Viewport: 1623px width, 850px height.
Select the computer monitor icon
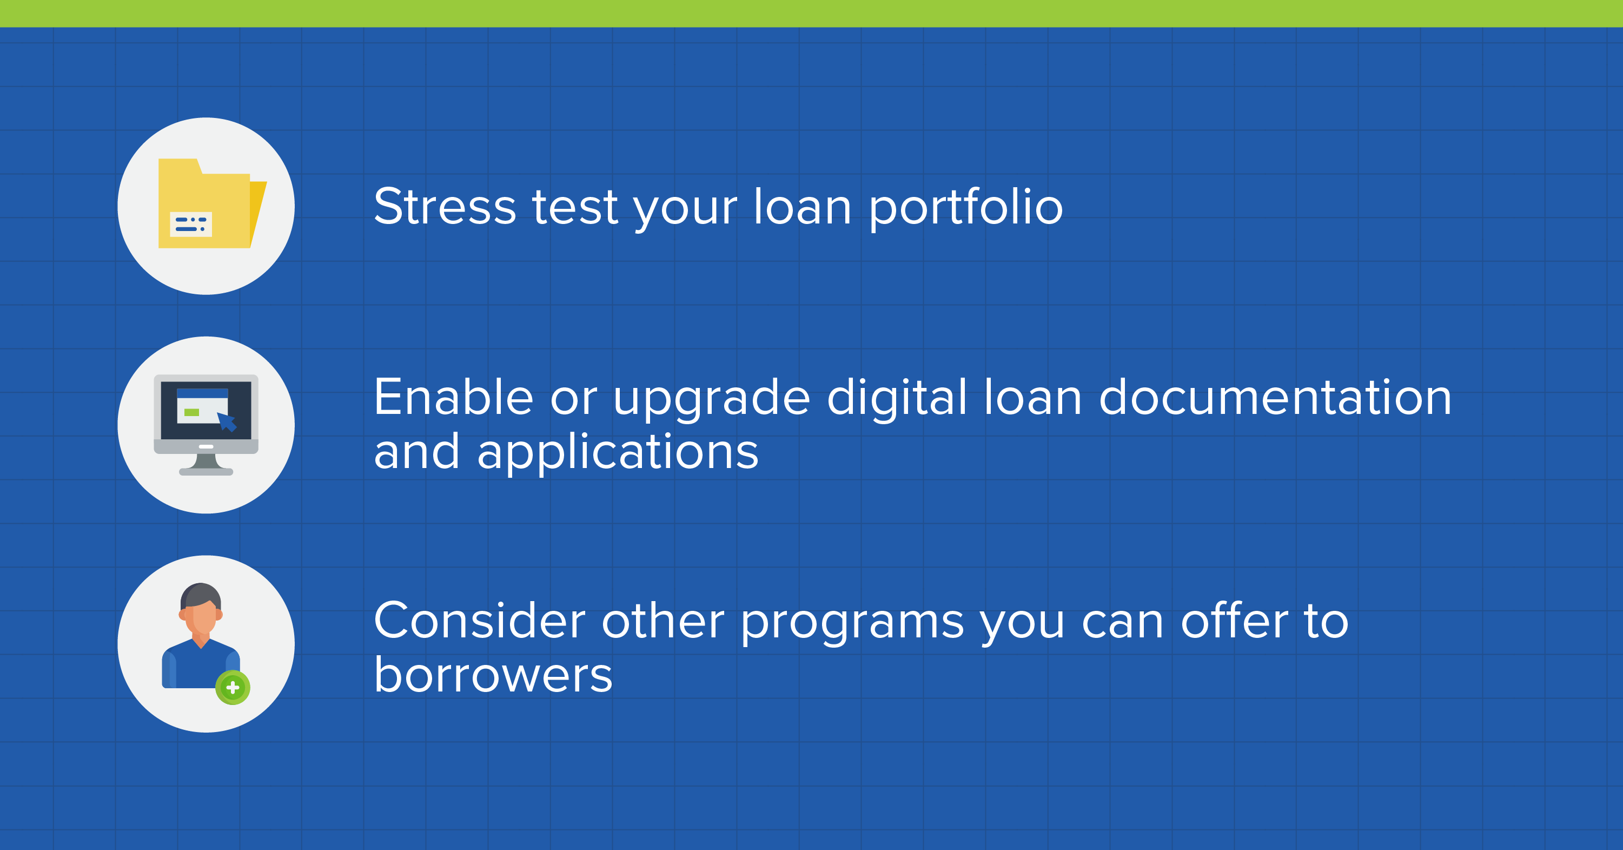206,425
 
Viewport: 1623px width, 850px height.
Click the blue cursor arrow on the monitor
227,421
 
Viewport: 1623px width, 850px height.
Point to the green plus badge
233,688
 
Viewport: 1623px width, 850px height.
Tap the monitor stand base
206,471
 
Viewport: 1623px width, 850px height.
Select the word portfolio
966,208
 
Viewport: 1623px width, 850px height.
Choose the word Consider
480,621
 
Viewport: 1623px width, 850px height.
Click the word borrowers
493,674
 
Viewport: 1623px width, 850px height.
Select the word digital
897,398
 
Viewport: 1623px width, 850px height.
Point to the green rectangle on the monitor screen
191,413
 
